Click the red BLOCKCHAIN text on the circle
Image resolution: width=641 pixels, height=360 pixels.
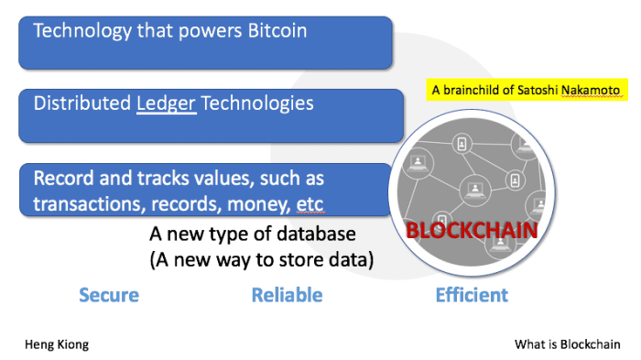tap(469, 229)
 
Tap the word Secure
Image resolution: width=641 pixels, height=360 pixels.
tap(109, 295)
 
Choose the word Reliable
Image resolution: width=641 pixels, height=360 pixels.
tap(287, 295)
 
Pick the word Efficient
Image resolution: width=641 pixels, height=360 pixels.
tap(471, 295)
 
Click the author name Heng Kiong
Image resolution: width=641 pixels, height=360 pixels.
tap(56, 344)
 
